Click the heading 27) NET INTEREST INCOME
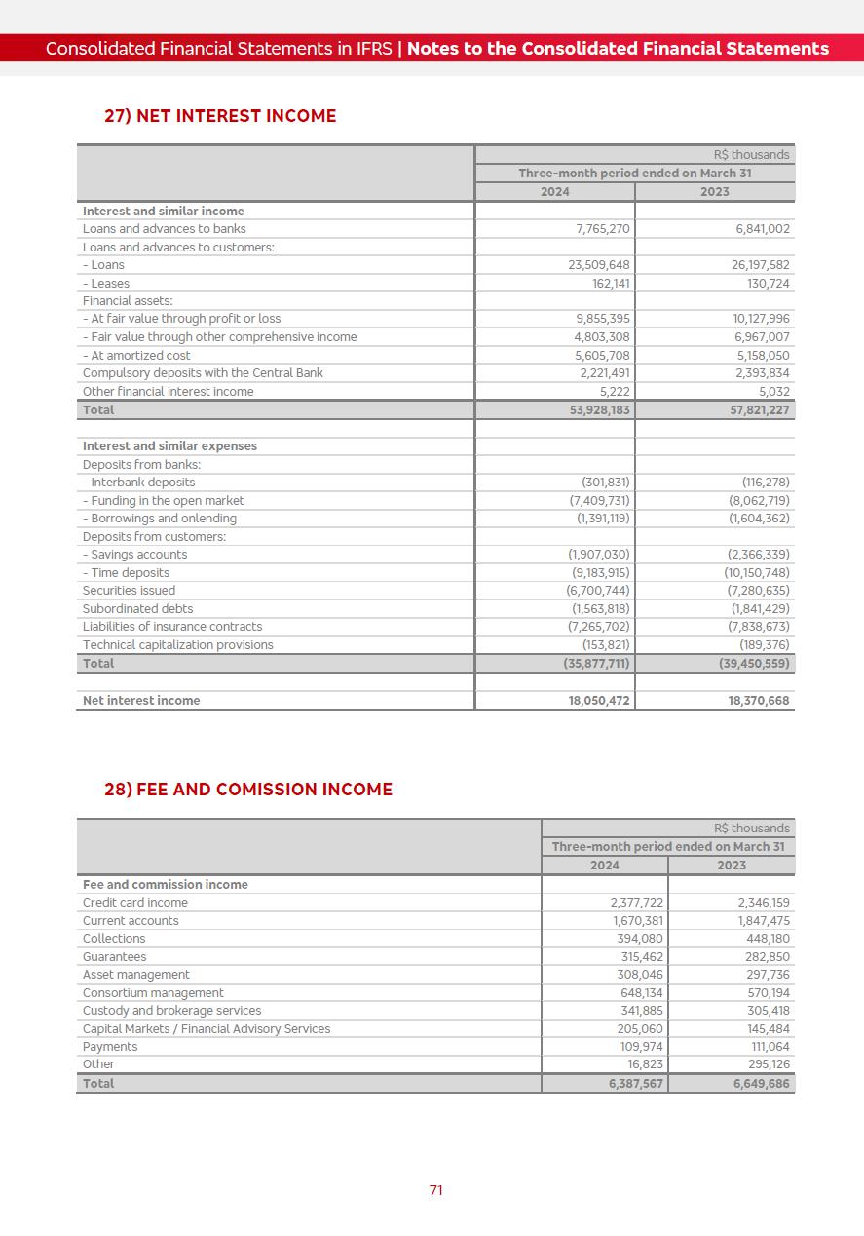(220, 116)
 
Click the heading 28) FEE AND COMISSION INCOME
(248, 790)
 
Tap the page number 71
(436, 1190)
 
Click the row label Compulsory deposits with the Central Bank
(203, 373)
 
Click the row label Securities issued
(130, 591)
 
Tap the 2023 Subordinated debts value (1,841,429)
(760, 609)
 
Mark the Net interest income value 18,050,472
(600, 701)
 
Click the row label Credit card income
(135, 903)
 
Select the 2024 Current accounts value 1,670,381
(638, 921)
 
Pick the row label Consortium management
(153, 993)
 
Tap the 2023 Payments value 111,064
(766, 1047)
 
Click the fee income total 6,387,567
(630, 1084)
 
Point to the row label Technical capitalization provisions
(178, 645)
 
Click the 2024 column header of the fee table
(605, 866)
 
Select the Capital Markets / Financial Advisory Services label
(207, 1029)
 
